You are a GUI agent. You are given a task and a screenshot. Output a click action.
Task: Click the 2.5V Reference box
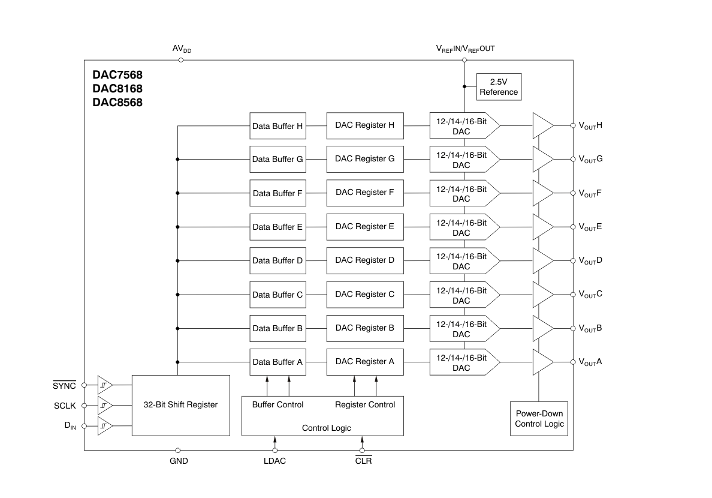[499, 87]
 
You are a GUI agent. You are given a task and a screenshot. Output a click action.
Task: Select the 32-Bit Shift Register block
[181, 405]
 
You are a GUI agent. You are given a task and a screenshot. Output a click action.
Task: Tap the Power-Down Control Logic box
[539, 418]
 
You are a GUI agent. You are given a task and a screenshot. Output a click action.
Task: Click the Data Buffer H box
[278, 126]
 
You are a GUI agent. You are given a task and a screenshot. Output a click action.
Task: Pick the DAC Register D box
[365, 260]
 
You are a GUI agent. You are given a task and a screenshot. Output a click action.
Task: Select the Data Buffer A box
[278, 362]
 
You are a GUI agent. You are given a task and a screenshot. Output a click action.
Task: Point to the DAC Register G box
[365, 159]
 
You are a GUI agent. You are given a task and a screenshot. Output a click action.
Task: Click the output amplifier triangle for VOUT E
[542, 227]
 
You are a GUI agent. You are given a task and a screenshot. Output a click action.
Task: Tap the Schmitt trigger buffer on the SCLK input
[105, 405]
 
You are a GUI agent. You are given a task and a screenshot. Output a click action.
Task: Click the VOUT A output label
[590, 362]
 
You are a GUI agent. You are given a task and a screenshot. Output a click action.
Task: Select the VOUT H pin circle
[573, 125]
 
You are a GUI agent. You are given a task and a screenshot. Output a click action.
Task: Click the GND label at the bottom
[179, 461]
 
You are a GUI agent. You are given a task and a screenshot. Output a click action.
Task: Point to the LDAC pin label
[274, 461]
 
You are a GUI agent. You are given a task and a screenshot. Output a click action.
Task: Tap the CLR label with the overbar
[364, 460]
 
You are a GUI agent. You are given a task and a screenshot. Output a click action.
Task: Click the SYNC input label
[64, 385]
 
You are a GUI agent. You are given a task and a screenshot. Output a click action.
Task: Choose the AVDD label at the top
[182, 49]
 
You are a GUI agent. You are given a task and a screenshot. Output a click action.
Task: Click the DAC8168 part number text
[117, 89]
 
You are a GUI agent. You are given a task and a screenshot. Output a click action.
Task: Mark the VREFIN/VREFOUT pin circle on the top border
[464, 60]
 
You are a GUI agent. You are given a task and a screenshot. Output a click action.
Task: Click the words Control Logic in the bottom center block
[327, 428]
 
